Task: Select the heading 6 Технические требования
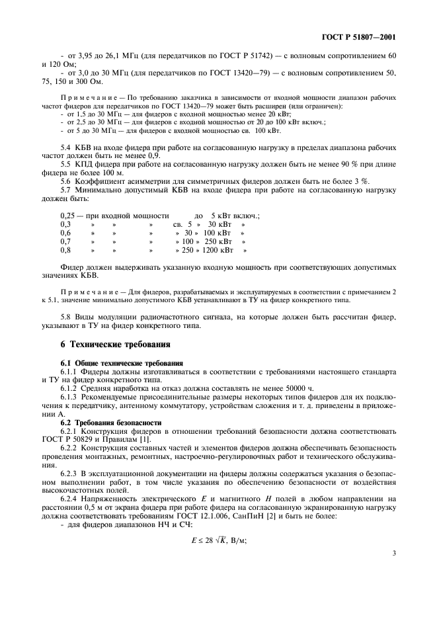(x=116, y=344)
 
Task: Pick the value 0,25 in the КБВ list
(x=67, y=216)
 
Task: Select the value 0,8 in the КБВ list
(x=65, y=250)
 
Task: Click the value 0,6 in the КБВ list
(x=65, y=233)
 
